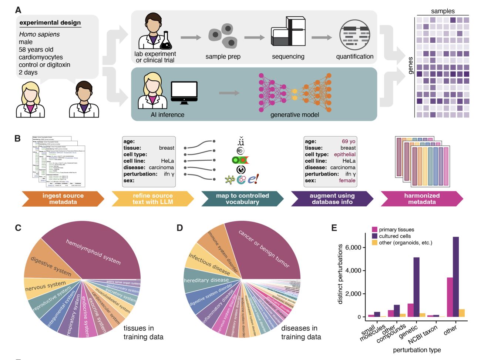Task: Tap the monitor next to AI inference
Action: (x=184, y=93)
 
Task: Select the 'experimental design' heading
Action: (x=50, y=23)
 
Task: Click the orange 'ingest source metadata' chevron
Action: (x=63, y=199)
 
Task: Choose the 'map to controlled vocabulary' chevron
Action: (x=242, y=199)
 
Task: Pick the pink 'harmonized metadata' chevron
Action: (x=422, y=199)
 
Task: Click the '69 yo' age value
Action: (x=348, y=141)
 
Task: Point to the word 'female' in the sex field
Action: (x=347, y=181)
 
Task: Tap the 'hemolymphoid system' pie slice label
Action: (x=93, y=252)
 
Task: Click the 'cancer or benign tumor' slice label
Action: (x=264, y=249)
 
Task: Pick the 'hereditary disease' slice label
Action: (x=206, y=280)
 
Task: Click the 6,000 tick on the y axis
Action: (x=353, y=247)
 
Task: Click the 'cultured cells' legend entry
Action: (x=395, y=236)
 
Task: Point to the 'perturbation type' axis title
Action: (x=417, y=350)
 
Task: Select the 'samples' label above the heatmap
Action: (x=443, y=11)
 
